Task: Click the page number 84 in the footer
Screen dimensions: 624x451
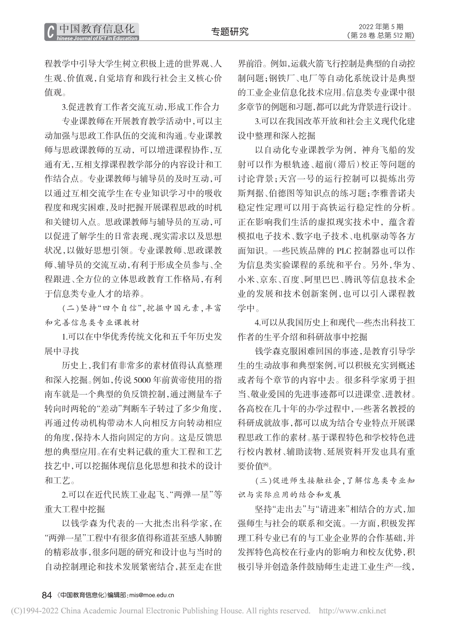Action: pyautogui.click(x=47, y=595)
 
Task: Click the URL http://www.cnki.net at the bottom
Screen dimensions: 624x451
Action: pyautogui.click(x=352, y=611)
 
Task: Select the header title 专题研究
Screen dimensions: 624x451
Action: pyautogui.click(x=230, y=32)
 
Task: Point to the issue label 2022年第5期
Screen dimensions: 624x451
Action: pyautogui.click(x=381, y=27)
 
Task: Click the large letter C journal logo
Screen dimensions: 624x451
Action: pyautogui.click(x=50, y=32)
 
